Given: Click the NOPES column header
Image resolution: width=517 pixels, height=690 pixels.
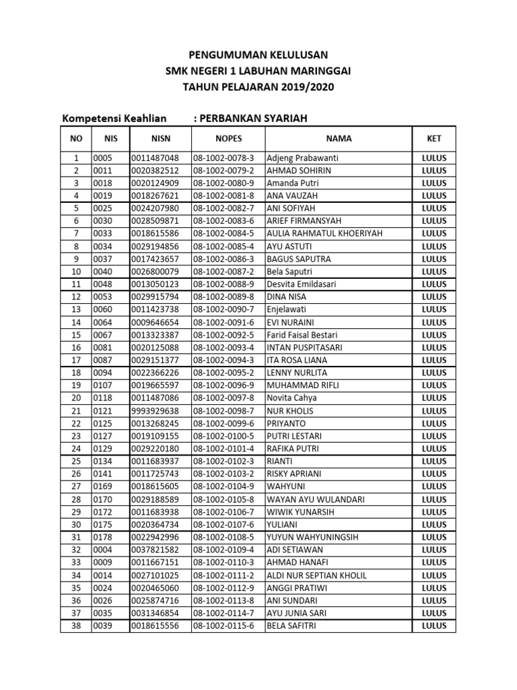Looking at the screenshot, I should click(228, 138).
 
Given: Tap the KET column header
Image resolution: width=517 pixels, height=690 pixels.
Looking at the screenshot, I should click(434, 138).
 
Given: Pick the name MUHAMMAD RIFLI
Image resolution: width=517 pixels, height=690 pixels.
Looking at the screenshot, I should click(303, 385).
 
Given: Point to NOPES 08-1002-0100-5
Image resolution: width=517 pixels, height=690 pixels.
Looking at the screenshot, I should click(224, 436).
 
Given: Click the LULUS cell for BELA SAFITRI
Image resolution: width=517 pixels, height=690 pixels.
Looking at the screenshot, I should click(434, 626).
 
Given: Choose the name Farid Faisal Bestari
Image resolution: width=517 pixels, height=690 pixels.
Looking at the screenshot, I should click(302, 335).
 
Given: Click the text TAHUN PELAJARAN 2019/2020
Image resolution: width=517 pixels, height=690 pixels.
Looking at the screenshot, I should click(258, 87).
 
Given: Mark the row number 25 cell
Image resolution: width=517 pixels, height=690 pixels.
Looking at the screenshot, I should click(76, 462).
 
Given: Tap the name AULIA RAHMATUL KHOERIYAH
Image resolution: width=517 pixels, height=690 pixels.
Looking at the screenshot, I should click(324, 233).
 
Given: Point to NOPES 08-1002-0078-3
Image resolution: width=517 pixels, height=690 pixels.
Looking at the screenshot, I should click(224, 158).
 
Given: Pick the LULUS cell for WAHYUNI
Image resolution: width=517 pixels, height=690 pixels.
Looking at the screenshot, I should click(434, 487).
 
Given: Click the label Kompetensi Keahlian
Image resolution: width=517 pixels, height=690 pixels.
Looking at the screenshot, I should click(114, 119).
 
